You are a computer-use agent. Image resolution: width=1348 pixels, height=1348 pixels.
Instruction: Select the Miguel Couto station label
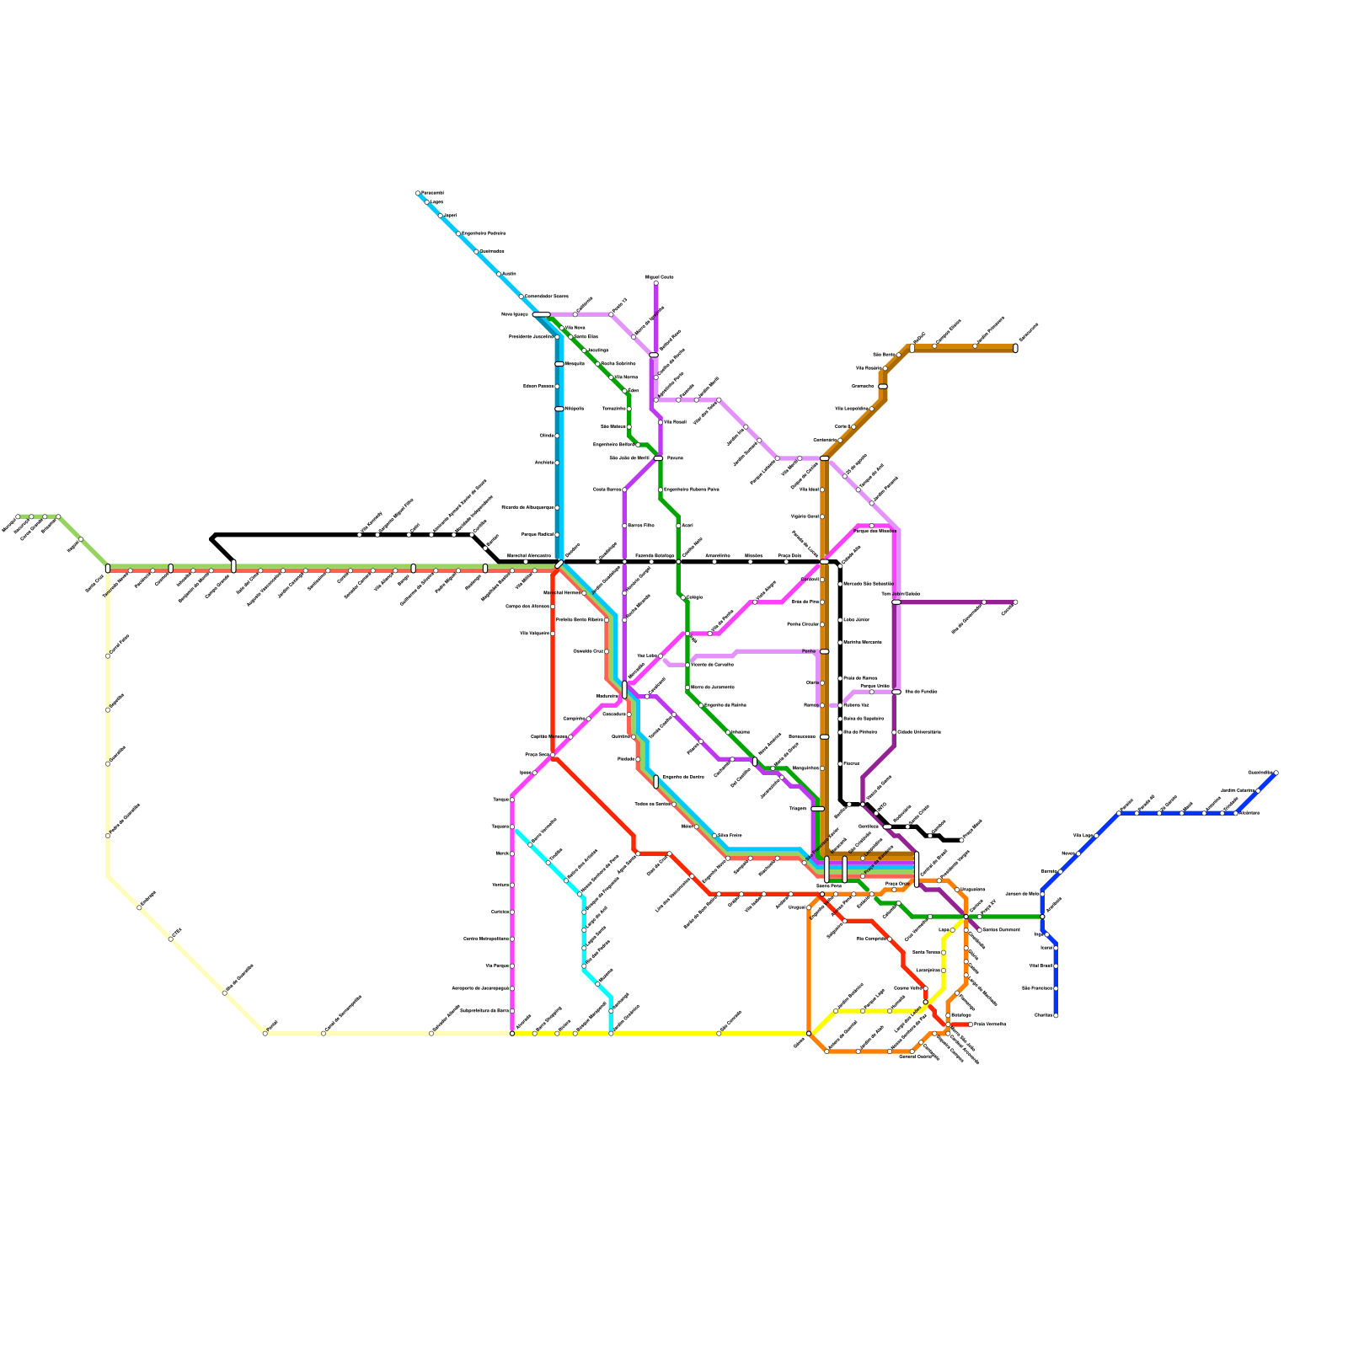660,276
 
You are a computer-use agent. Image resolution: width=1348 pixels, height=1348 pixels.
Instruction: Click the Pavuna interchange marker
658,458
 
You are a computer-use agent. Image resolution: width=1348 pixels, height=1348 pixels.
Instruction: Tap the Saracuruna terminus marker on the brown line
1015,348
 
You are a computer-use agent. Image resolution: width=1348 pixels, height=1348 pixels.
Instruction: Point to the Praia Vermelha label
990,1024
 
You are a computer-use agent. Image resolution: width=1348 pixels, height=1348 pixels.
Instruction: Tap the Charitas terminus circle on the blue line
1056,1015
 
